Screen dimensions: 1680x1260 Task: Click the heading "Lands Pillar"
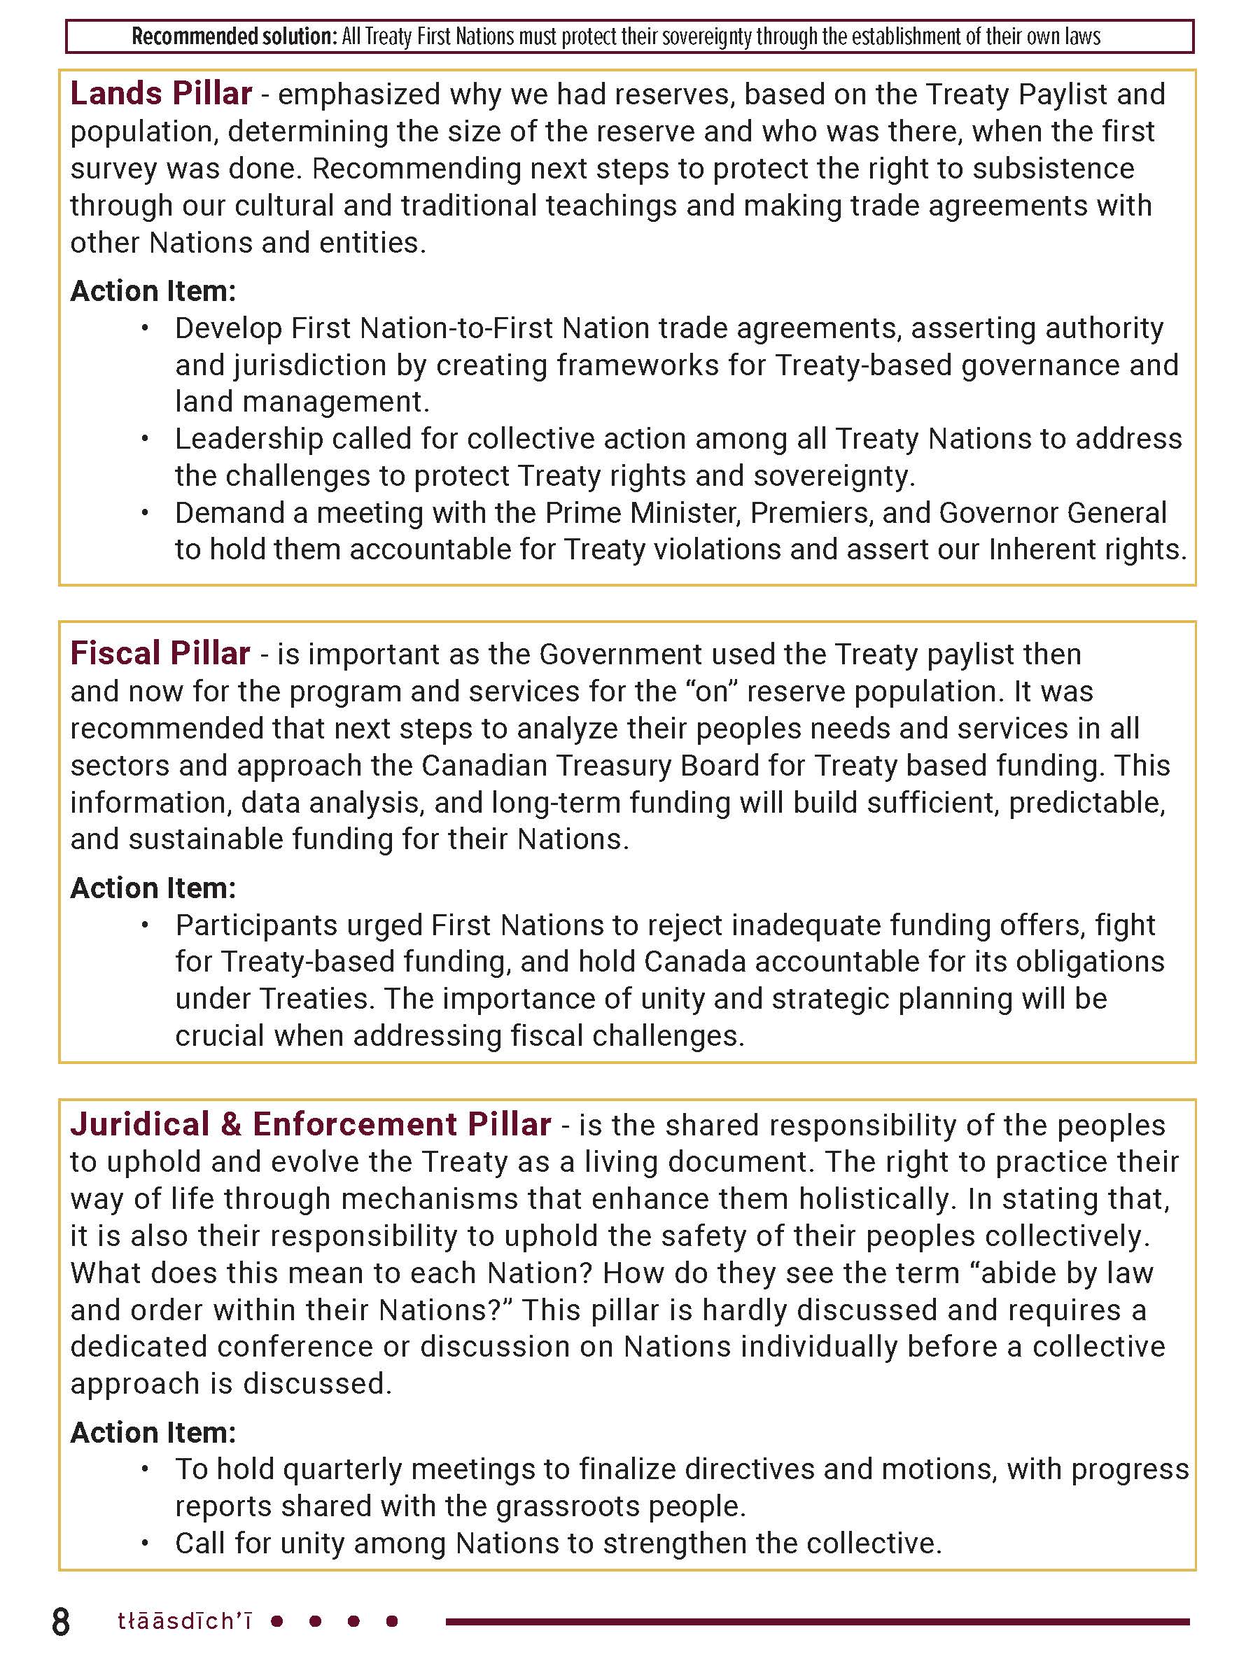pyautogui.click(x=161, y=93)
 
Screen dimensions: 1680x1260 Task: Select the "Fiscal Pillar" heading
pyautogui.click(x=160, y=653)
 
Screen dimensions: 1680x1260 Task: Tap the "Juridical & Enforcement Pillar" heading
pyautogui.click(x=311, y=1124)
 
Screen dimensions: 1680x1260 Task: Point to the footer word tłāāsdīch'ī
pyautogui.click(x=185, y=1621)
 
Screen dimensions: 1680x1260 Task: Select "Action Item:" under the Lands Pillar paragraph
pyautogui.click(x=153, y=291)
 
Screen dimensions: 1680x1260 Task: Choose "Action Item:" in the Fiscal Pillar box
pyautogui.click(x=153, y=888)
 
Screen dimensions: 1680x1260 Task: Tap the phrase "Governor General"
pyautogui.click(x=1052, y=512)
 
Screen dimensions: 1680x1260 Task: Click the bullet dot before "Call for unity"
pyautogui.click(x=145, y=1543)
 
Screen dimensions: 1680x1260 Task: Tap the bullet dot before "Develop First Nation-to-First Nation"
pyautogui.click(x=145, y=328)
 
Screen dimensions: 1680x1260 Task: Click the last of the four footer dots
pyautogui.click(x=392, y=1621)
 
